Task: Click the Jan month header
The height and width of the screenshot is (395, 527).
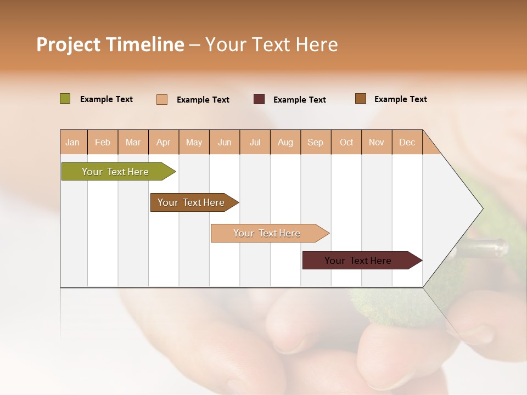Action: pos(73,142)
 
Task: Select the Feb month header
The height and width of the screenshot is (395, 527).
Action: pos(103,142)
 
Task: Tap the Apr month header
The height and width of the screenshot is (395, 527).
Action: pos(164,142)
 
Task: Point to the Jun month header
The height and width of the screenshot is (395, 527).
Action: pos(225,142)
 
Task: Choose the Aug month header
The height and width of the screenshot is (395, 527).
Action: pos(285,142)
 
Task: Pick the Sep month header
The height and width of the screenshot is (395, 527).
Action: pos(316,142)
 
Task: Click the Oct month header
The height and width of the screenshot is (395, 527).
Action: pos(346,142)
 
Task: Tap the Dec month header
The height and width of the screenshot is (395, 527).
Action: pos(407,142)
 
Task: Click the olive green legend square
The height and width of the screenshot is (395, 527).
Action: pos(65,99)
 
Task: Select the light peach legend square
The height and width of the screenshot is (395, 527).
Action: pos(162,99)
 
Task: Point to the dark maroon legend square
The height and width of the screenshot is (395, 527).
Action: pos(259,99)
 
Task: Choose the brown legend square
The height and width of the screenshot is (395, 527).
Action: pos(361,99)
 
